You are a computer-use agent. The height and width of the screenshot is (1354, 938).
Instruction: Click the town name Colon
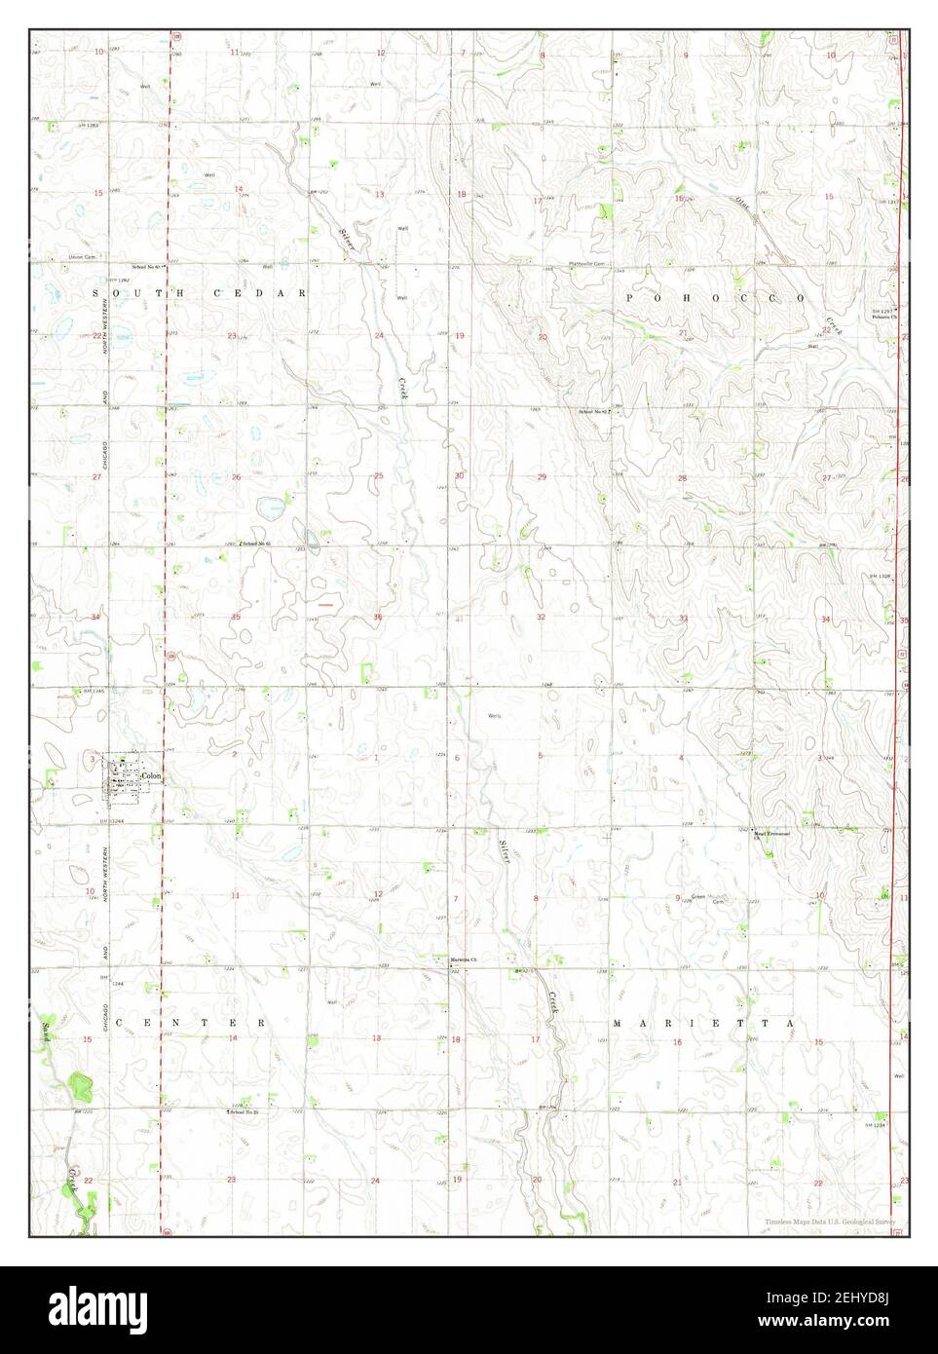149,775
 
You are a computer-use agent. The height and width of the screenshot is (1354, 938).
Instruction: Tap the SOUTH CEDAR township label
200,292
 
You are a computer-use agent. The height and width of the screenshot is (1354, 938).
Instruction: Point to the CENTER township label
190,1023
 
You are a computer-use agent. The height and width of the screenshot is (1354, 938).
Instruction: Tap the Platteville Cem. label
588,264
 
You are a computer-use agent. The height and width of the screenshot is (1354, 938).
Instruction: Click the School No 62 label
594,412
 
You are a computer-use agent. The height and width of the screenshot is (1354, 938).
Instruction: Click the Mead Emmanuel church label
769,835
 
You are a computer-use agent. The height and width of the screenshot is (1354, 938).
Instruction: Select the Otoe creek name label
744,207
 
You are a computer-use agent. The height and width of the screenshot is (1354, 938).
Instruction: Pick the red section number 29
542,476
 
